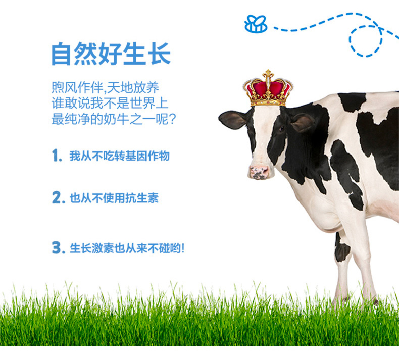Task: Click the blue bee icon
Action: click(256, 24)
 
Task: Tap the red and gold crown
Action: click(268, 88)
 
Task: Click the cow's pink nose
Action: click(259, 172)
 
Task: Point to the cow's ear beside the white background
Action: click(232, 120)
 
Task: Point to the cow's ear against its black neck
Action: click(302, 122)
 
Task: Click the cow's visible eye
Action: click(281, 129)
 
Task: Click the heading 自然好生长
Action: click(111, 54)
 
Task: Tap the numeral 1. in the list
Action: click(57, 155)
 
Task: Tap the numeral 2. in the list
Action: click(57, 197)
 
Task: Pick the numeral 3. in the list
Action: click(57, 247)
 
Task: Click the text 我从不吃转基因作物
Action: click(119, 156)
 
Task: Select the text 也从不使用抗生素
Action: click(114, 198)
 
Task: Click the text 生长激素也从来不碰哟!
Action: click(127, 248)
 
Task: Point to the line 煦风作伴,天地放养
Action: click(105, 88)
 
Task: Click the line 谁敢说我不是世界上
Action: click(110, 103)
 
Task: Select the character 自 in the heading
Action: click(61, 54)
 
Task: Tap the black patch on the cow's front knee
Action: click(342, 250)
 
